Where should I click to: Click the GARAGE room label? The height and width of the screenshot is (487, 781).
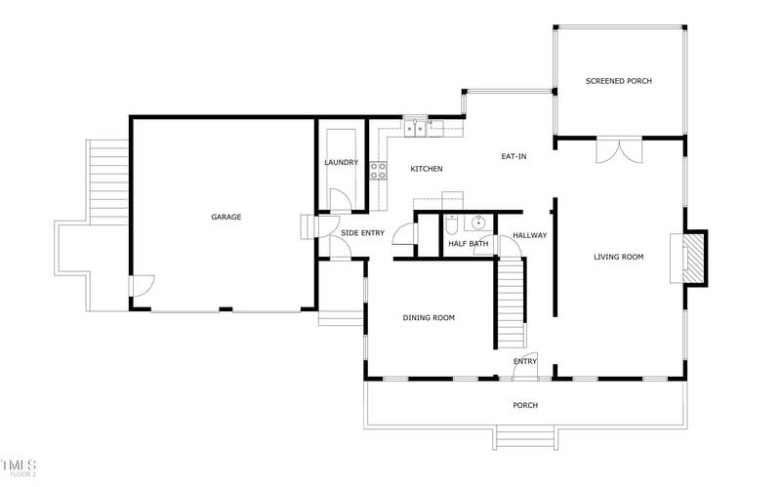point(226,217)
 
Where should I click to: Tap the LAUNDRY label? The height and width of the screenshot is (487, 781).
point(341,162)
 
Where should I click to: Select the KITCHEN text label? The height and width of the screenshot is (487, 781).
point(427,169)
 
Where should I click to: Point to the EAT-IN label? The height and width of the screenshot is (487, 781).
point(514,156)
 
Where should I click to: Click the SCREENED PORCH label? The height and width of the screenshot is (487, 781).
point(618,81)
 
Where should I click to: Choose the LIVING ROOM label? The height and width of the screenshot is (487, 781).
point(619,257)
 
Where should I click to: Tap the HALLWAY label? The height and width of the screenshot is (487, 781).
point(529,235)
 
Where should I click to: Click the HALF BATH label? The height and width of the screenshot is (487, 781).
point(468,244)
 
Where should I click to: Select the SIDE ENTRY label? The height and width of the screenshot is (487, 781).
point(362,233)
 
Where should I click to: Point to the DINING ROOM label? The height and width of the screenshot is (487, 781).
point(429,317)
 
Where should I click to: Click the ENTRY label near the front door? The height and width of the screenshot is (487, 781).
point(525,362)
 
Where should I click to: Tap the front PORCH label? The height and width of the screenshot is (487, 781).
point(525,405)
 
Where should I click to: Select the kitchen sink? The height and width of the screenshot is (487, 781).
point(417,126)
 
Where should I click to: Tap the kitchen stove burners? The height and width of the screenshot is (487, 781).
point(378,173)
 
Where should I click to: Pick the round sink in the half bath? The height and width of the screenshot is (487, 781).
point(478,223)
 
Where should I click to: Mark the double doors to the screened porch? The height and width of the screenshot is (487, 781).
point(619,149)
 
